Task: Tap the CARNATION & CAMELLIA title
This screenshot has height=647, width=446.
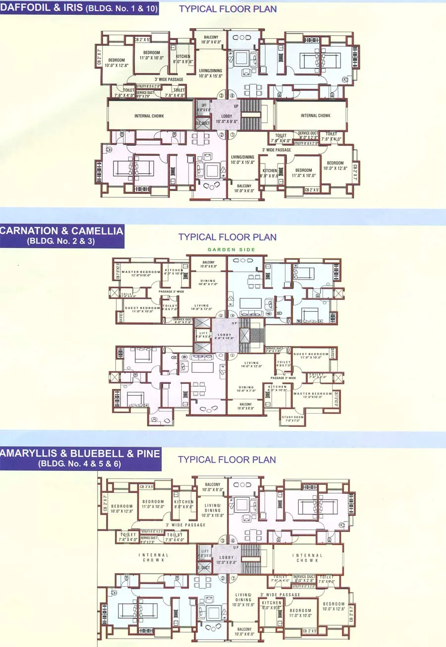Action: pyautogui.click(x=62, y=231)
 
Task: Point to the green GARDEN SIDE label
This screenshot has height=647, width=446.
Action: pyautogui.click(x=231, y=249)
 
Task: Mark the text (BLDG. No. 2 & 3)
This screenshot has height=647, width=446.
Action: pyautogui.click(x=62, y=242)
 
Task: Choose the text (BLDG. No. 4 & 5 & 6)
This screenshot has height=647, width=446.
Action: pyautogui.click(x=79, y=465)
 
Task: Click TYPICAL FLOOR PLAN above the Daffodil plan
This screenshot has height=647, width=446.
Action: pyautogui.click(x=228, y=8)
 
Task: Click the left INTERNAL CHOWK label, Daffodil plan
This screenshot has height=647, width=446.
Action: pyautogui.click(x=149, y=116)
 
